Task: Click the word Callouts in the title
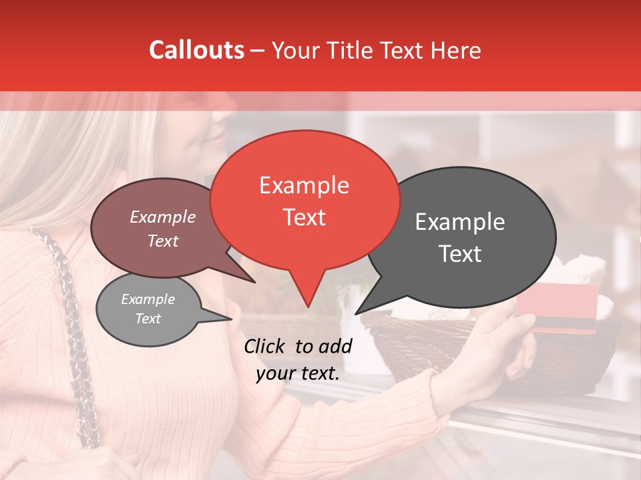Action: [x=196, y=50]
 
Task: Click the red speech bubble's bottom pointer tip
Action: [x=307, y=307]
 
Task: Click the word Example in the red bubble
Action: [x=304, y=185]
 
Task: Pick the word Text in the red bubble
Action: [x=304, y=217]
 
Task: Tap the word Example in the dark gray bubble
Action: [x=460, y=222]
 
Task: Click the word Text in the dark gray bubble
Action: [x=460, y=254]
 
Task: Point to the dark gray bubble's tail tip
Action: [x=356, y=313]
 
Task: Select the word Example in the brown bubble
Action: [x=162, y=217]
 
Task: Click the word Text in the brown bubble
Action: [x=162, y=241]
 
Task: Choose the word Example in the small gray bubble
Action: [x=148, y=299]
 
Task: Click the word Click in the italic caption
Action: [x=266, y=346]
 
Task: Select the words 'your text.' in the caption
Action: [x=298, y=373]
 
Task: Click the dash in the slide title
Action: [x=258, y=51]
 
